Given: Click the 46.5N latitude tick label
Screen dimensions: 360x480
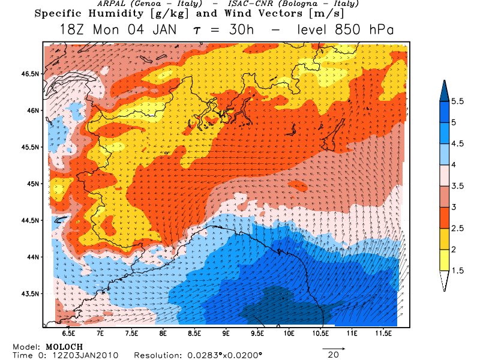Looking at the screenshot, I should point(30,74).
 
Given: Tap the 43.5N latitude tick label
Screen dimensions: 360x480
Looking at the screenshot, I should point(30,293).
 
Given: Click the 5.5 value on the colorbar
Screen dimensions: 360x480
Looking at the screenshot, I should point(458,101).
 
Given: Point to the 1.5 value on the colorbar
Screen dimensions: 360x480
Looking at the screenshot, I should point(458,271).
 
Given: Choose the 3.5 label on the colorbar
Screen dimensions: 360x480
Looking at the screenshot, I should point(458,186).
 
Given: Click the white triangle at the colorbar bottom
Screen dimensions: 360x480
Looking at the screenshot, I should point(445,281).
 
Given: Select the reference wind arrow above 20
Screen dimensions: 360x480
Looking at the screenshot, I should point(334,347).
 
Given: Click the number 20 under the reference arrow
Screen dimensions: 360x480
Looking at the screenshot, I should point(334,355).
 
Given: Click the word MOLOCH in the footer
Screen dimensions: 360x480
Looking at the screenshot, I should point(64,347).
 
